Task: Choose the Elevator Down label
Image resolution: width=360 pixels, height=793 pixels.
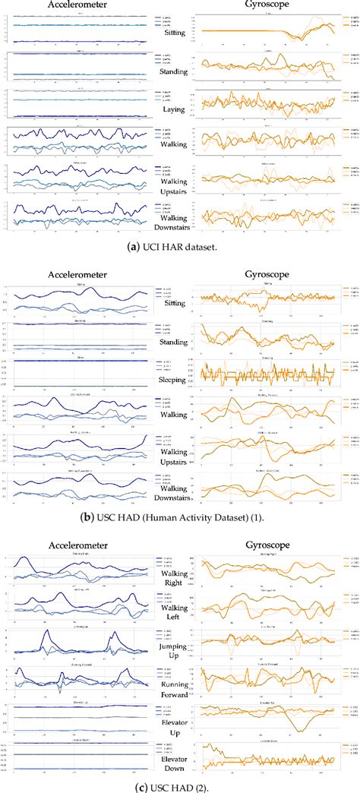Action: (174, 772)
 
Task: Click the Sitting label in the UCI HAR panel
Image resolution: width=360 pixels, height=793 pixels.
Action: (174, 33)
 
